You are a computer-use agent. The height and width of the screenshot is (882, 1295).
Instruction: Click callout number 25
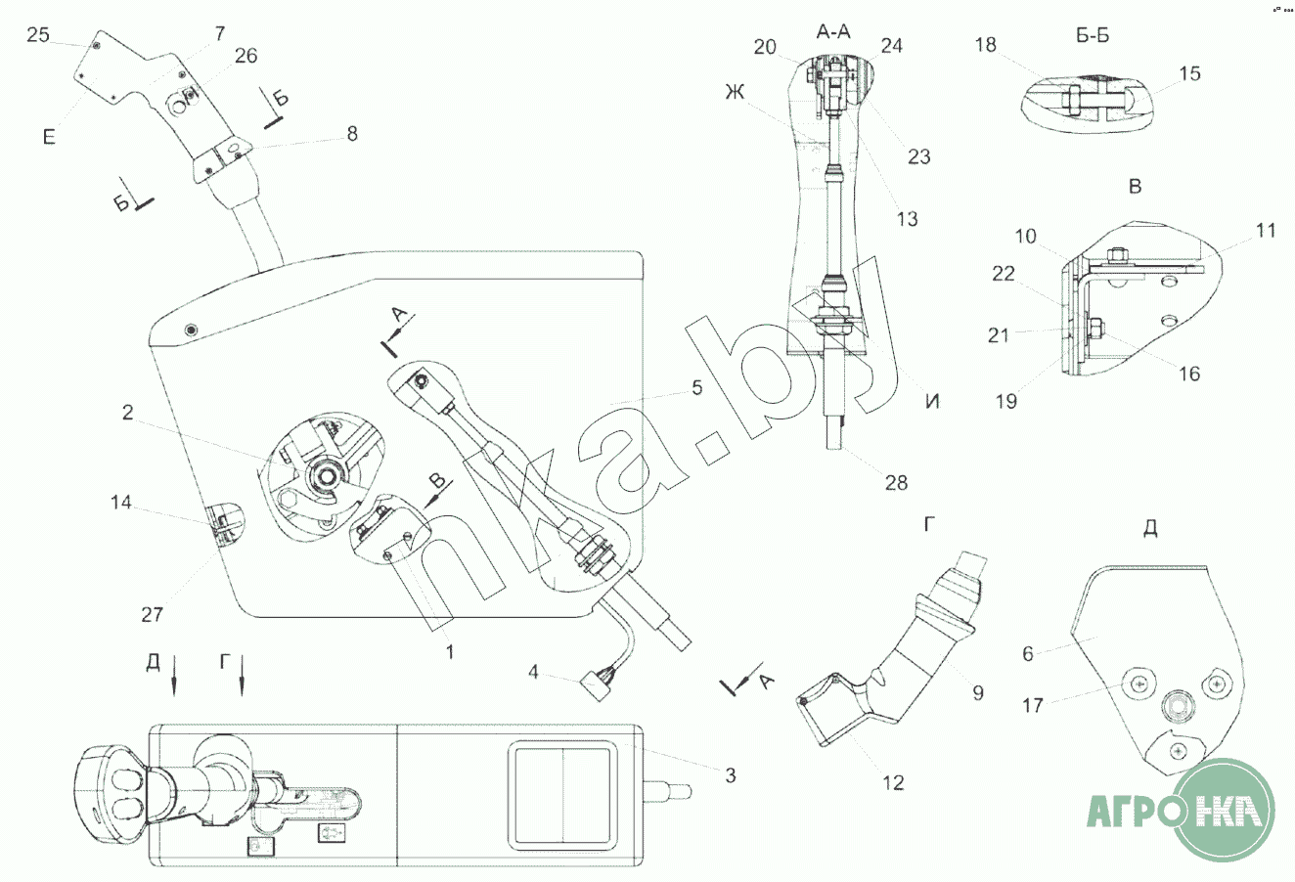point(37,35)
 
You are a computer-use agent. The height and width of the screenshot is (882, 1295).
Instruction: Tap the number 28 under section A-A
point(895,482)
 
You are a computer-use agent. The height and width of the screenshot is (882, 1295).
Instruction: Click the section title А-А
point(832,32)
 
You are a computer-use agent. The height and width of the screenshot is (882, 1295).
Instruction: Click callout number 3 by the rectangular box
point(729,775)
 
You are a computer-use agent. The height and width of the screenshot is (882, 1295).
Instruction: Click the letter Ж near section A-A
point(734,94)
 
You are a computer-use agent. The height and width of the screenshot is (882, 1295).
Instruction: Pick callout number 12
point(892,781)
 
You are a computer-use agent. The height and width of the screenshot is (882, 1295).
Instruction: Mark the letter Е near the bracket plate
point(48,137)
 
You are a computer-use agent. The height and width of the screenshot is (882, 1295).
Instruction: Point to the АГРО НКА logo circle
point(1227,811)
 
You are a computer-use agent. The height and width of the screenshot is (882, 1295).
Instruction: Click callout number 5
point(696,388)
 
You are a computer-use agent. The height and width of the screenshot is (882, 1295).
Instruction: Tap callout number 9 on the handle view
point(977,692)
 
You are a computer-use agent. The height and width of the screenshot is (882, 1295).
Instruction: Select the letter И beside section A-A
point(932,401)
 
